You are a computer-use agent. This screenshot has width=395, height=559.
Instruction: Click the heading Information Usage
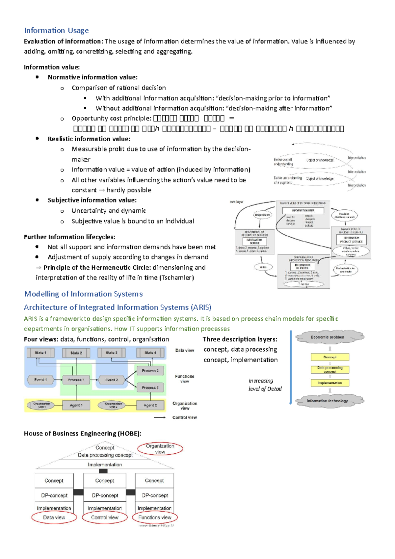[56, 31]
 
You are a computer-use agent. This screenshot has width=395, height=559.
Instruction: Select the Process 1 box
[76, 380]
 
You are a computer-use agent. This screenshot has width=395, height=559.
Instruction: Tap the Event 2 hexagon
[112, 380]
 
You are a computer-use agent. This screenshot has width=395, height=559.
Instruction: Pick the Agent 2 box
[150, 405]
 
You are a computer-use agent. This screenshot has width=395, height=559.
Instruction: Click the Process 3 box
[150, 387]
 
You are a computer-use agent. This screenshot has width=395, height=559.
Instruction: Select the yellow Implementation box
[330, 383]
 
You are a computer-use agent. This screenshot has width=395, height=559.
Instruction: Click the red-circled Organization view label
[160, 449]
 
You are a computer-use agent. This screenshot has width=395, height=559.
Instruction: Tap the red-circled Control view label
[104, 518]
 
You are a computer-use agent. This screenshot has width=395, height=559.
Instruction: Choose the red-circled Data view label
[54, 518]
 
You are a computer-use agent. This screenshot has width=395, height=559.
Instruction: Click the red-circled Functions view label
[155, 518]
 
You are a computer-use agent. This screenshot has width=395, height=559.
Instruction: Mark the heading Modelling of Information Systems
[83, 294]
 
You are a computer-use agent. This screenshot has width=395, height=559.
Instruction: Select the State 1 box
[40, 353]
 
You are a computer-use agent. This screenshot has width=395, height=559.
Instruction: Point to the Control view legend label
[184, 417]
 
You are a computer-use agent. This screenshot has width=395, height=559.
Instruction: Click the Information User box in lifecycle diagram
[303, 210]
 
